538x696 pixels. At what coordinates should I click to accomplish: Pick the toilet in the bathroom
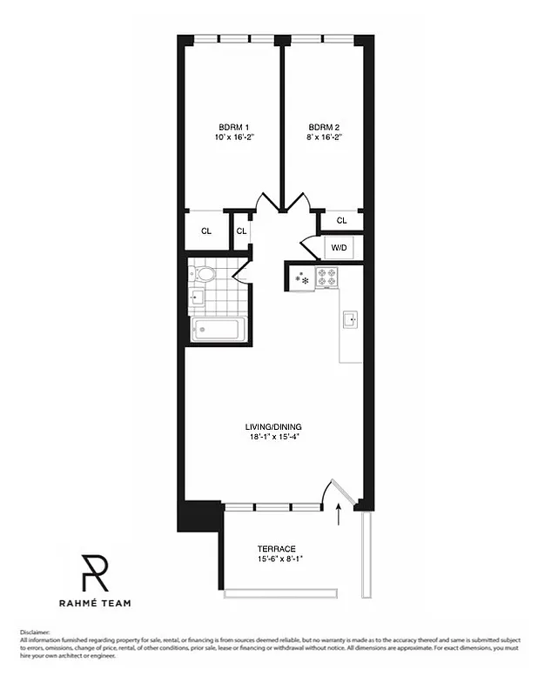[x=206, y=275]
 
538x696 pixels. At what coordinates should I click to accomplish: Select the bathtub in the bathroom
[x=217, y=330]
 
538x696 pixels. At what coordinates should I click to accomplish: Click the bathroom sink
[x=196, y=298]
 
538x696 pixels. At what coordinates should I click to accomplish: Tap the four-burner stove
[x=327, y=278]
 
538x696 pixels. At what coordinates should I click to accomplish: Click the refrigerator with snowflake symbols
[x=301, y=279]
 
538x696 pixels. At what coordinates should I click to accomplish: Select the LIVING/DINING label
[x=272, y=426]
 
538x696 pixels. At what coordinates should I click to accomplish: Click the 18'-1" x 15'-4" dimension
[x=272, y=437]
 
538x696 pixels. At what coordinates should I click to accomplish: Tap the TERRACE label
[x=276, y=548]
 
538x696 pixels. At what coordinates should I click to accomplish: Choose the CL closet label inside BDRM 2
[x=341, y=220]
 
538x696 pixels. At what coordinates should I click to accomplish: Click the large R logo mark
[x=94, y=573]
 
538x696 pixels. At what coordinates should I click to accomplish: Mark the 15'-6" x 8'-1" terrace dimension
[x=276, y=559]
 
